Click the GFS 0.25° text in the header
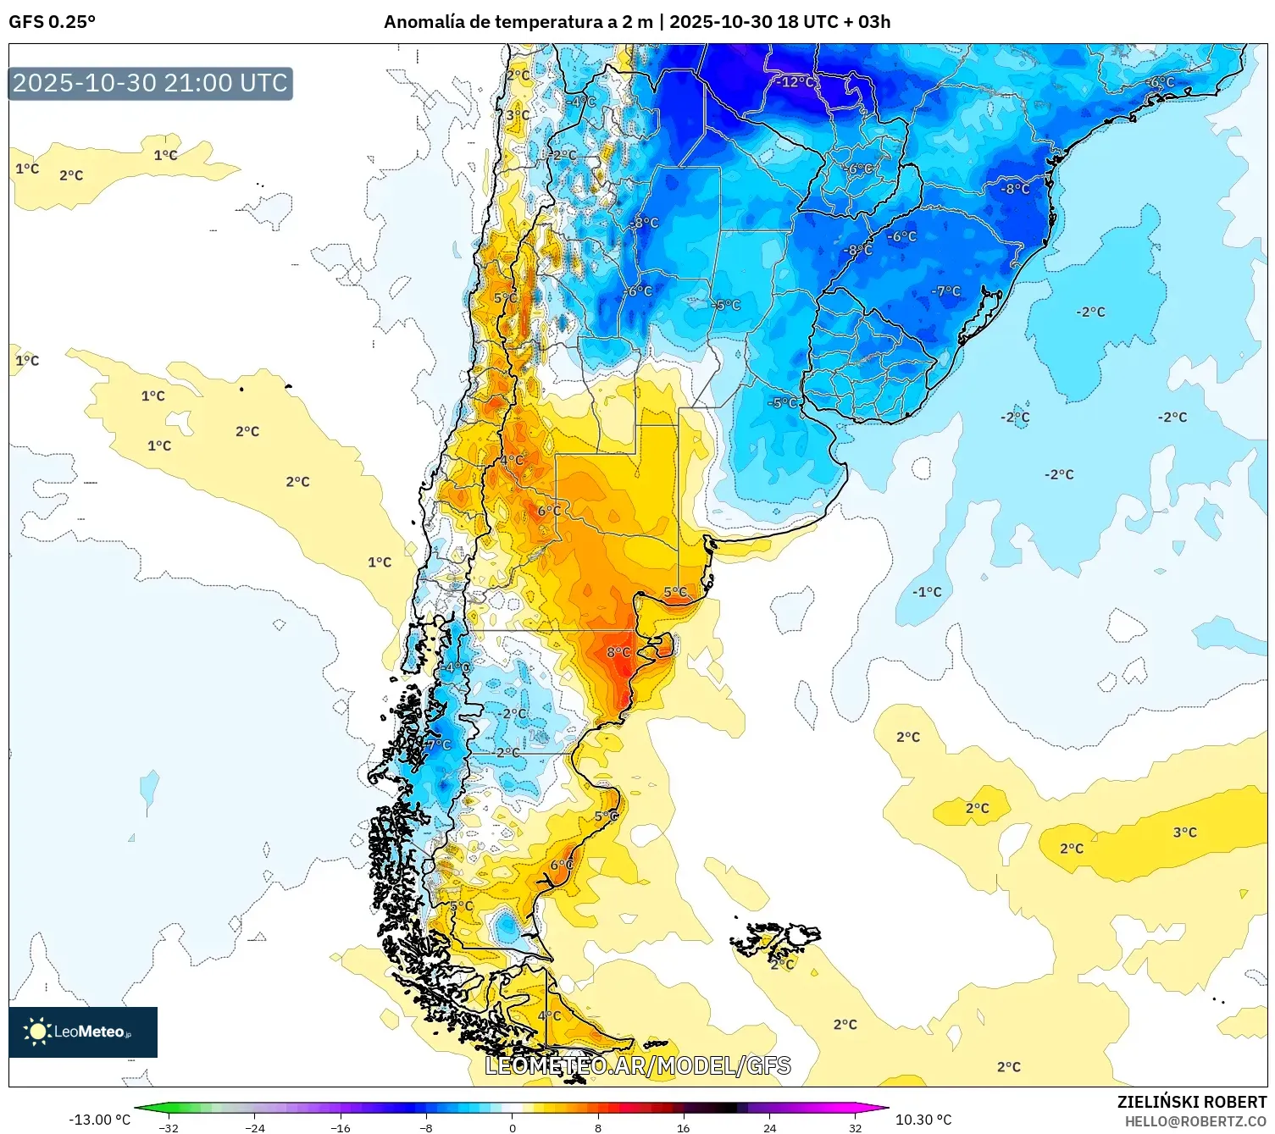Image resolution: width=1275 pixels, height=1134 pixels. [52, 22]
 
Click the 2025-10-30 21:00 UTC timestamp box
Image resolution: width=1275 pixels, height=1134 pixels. [151, 83]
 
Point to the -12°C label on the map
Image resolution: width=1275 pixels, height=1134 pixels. [795, 82]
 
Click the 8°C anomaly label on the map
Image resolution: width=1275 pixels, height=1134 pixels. [618, 652]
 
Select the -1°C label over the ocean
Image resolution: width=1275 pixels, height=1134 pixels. [927, 592]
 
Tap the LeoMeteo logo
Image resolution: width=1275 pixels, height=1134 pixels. [83, 1032]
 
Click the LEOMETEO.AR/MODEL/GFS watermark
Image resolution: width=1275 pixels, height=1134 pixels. [637, 1065]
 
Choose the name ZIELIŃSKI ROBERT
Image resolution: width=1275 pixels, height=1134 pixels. [1191, 1102]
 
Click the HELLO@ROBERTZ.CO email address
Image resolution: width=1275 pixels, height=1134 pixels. [1195, 1121]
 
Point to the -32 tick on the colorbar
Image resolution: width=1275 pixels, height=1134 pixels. [169, 1127]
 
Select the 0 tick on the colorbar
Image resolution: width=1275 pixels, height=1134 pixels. [512, 1127]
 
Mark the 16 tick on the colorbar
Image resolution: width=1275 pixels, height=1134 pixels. [683, 1127]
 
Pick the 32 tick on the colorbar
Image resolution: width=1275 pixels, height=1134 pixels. [855, 1127]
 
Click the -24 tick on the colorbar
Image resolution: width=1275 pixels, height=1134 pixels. [254, 1127]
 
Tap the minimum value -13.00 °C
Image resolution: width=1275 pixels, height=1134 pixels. [99, 1120]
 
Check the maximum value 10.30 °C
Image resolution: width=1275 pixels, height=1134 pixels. [923, 1120]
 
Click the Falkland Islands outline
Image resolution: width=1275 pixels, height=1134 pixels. [775, 940]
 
